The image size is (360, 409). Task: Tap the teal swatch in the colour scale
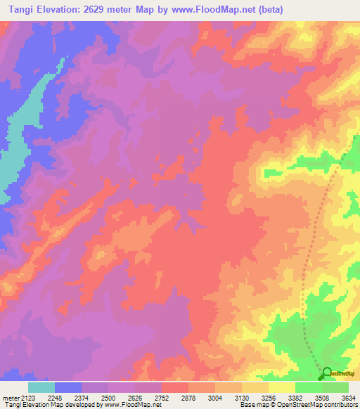point(41,387)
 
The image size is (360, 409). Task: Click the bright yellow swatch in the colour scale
point(281,387)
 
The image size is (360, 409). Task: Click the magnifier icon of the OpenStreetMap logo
point(326,374)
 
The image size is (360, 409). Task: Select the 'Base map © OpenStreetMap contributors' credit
point(298,405)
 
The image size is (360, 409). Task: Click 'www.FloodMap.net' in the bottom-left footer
point(132,405)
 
